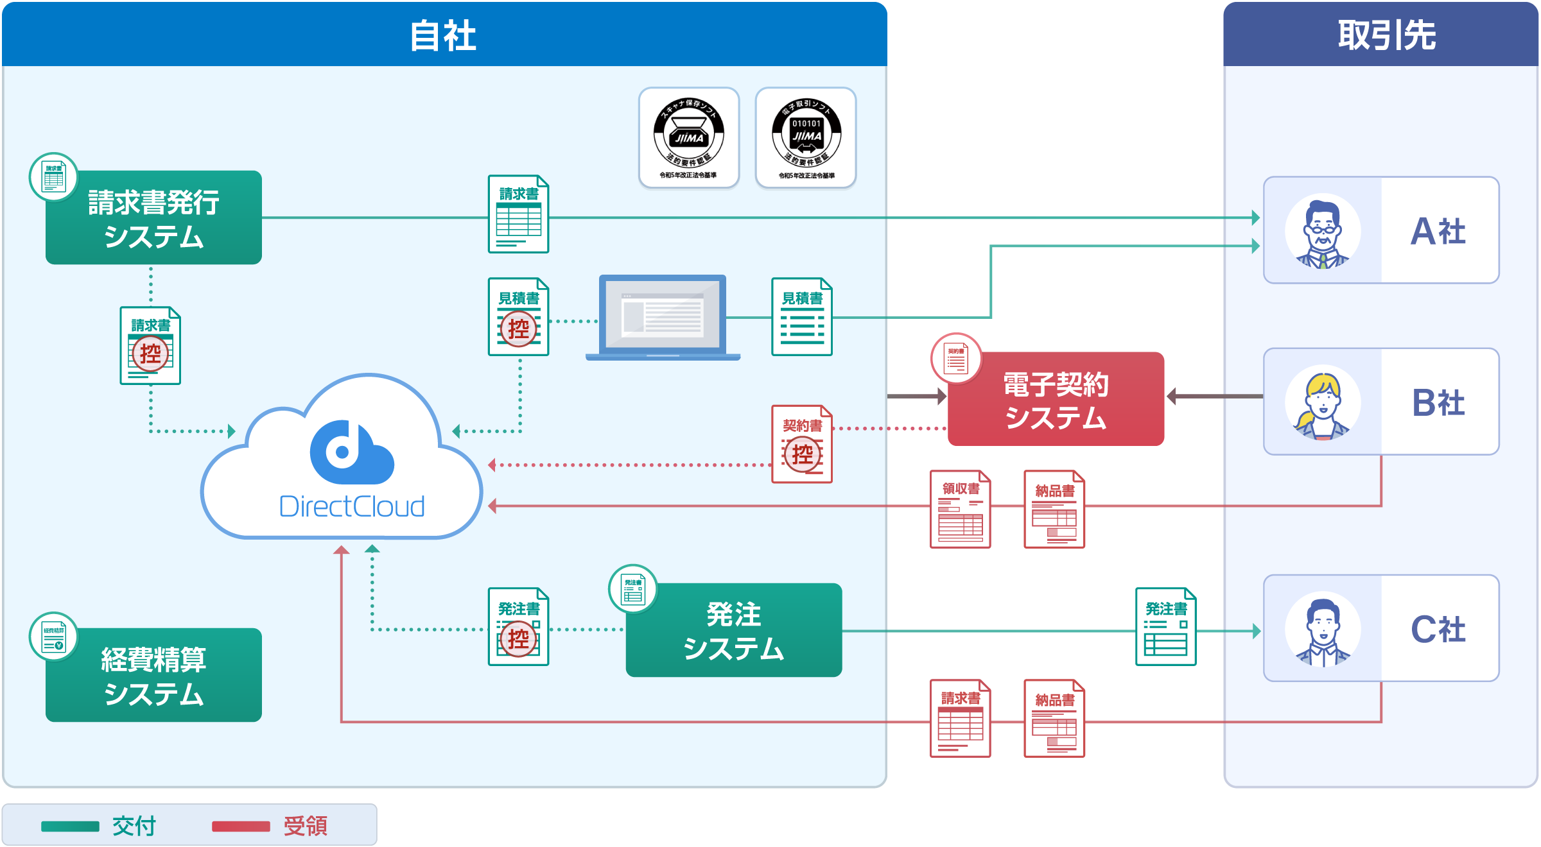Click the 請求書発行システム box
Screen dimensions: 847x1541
pyautogui.click(x=153, y=218)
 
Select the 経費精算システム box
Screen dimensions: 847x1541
pyautogui.click(x=153, y=676)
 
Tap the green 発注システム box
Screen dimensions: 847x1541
pyautogui.click(x=734, y=630)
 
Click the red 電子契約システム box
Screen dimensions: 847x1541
pyautogui.click(x=1056, y=399)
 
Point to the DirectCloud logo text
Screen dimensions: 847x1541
pyautogui.click(x=352, y=507)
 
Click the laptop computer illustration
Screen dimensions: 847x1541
pyautogui.click(x=663, y=318)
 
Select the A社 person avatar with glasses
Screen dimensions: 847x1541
pyautogui.click(x=1322, y=231)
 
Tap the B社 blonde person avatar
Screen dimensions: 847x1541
pyautogui.click(x=1322, y=402)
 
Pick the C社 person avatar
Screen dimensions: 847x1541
pyautogui.click(x=1322, y=629)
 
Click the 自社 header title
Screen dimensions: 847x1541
pyautogui.click(x=443, y=35)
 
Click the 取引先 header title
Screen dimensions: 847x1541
pyautogui.click(x=1387, y=35)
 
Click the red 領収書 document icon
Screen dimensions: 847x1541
pyautogui.click(x=960, y=509)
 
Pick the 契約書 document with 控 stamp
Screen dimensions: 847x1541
pyautogui.click(x=802, y=444)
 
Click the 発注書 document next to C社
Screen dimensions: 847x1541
pyautogui.click(x=1165, y=627)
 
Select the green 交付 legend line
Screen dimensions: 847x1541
pyautogui.click(x=70, y=826)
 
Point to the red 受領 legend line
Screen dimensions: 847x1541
pyautogui.click(x=241, y=826)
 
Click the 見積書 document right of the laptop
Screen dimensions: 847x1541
pyautogui.click(x=802, y=317)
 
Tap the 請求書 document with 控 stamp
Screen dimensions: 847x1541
pyautogui.click(x=150, y=346)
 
